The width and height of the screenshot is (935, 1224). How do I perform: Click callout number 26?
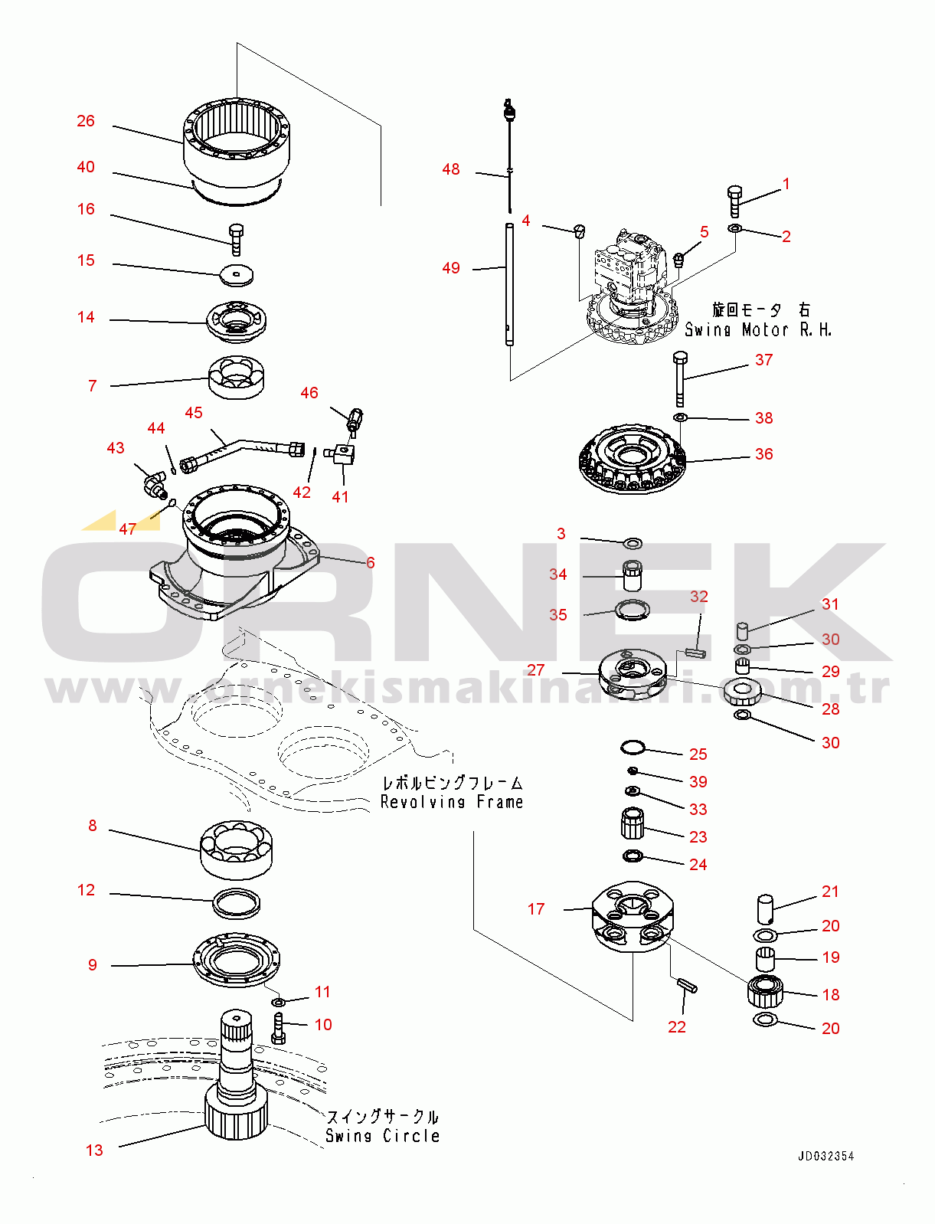coord(86,121)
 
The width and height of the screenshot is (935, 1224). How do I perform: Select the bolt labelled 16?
coord(236,239)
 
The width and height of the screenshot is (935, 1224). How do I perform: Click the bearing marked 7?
coord(237,378)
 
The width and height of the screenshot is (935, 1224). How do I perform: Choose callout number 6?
coord(371,563)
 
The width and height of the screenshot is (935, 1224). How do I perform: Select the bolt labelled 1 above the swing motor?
coord(734,201)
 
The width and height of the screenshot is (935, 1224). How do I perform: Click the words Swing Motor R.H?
coord(757,329)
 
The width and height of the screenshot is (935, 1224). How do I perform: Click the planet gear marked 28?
coord(742,692)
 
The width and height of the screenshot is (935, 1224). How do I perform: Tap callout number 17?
coord(536,909)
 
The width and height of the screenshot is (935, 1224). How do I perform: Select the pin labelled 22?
coord(686,986)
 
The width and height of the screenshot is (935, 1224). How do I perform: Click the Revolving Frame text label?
coord(452,802)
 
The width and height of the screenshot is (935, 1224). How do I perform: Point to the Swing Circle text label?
coord(382,1136)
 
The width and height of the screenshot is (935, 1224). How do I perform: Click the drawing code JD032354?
coord(825,1156)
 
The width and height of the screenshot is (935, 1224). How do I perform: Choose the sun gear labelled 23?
coord(633,824)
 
